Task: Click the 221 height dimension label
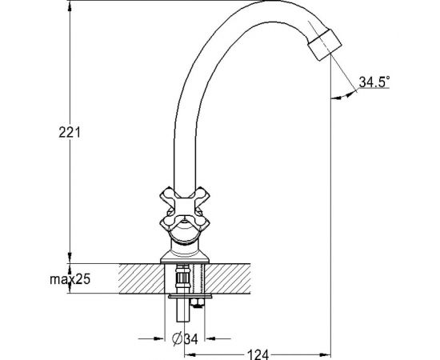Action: click(x=70, y=132)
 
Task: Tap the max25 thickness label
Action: click(x=70, y=279)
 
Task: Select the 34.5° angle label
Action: click(x=374, y=82)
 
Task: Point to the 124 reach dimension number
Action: click(x=258, y=354)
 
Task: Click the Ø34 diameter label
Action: click(x=185, y=338)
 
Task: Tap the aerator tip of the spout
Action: click(x=325, y=44)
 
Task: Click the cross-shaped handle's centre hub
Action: click(x=184, y=206)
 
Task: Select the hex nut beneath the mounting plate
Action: click(x=198, y=302)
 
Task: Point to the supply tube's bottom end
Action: click(x=183, y=320)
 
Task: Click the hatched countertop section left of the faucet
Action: click(x=141, y=278)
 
